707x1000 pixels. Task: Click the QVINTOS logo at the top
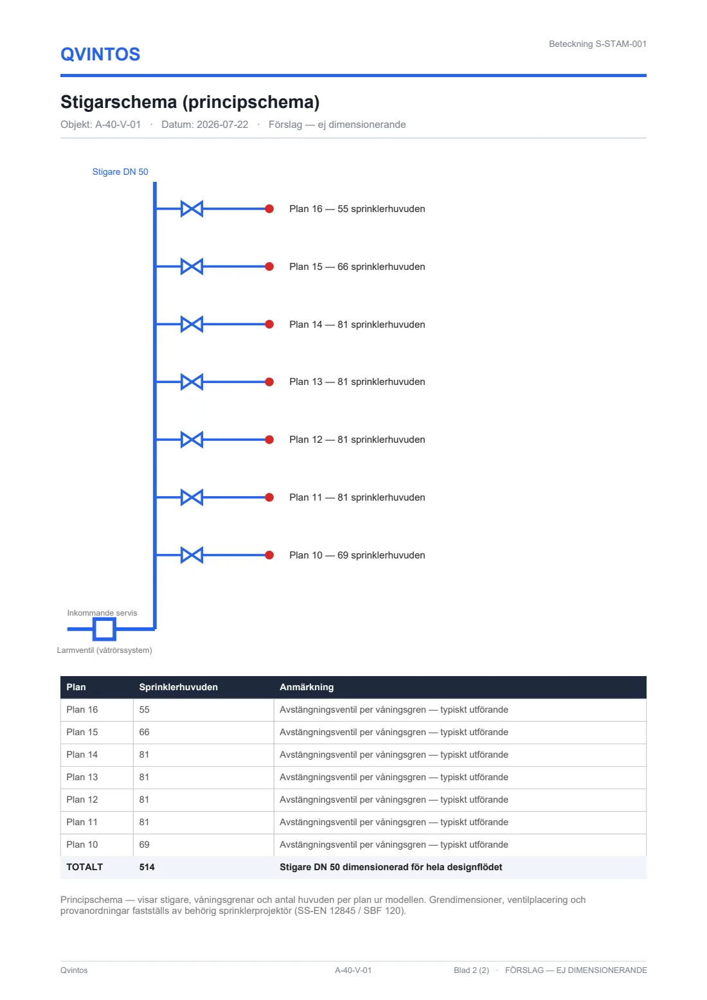coord(100,55)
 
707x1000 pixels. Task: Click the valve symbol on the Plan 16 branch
coord(192,209)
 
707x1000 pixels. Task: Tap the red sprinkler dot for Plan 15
coord(269,267)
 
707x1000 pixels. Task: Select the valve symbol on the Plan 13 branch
coord(192,382)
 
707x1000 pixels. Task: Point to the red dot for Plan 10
coord(269,555)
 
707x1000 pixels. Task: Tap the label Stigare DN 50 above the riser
coord(120,172)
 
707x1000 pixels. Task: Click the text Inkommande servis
coord(102,613)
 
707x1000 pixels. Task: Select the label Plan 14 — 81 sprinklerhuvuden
coord(357,325)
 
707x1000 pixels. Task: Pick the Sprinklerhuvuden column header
coord(179,687)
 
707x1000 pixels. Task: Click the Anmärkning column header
coord(307,687)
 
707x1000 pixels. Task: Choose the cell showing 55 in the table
coord(144,710)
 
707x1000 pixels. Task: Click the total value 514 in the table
coord(147,868)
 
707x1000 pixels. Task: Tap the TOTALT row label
coord(84,868)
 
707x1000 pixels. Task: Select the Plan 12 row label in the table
coord(82,799)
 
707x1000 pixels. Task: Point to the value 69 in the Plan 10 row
coord(144,844)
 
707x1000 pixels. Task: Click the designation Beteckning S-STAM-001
coord(598,44)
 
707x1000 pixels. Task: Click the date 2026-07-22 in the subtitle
coord(222,125)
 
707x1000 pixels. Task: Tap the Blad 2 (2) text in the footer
coord(471,970)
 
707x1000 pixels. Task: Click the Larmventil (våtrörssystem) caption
coord(104,650)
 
